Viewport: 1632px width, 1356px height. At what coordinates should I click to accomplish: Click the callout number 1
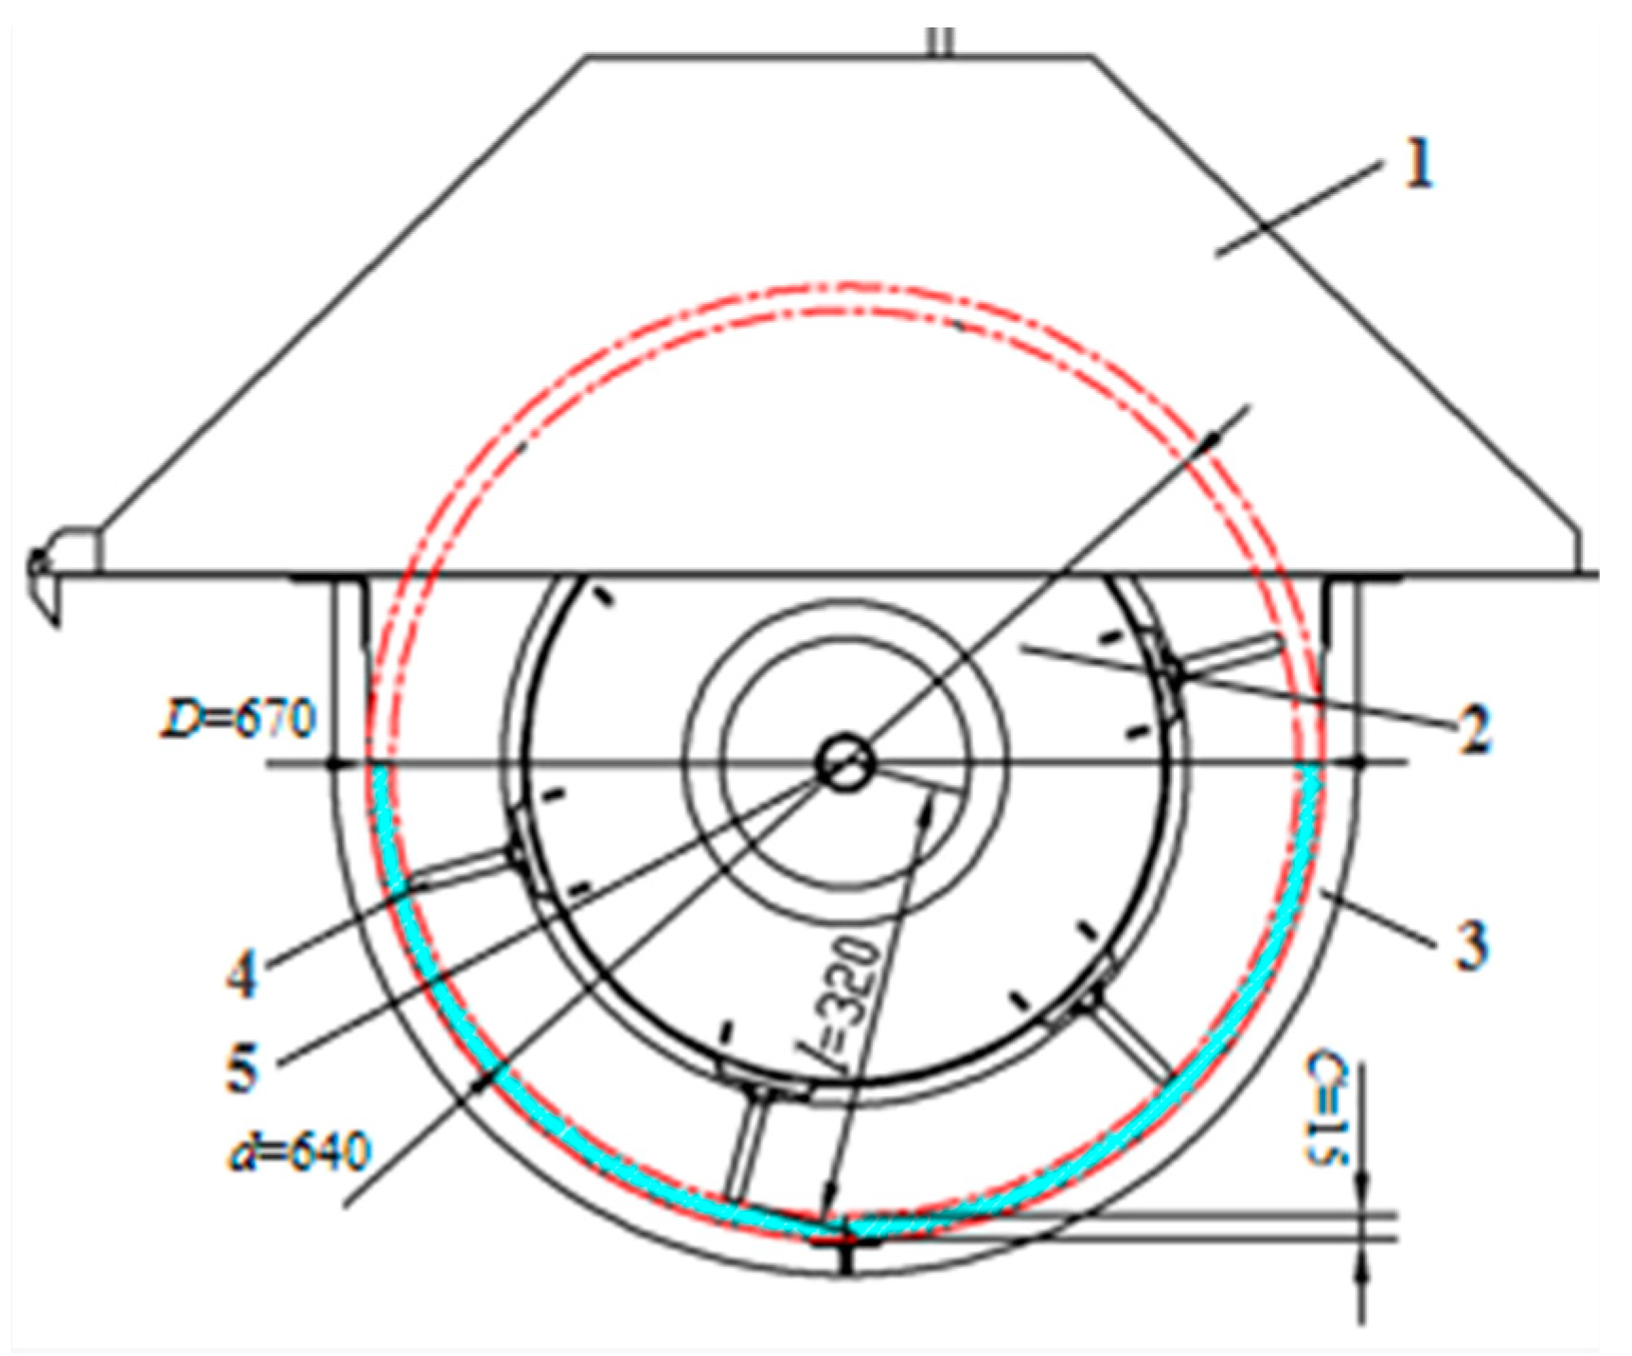1416,166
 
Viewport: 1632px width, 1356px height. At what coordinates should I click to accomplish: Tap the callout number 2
1474,729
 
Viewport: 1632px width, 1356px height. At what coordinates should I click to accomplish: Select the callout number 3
1470,944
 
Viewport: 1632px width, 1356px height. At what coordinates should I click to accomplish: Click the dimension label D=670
237,720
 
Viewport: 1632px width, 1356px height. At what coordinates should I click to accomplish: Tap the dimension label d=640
298,1153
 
